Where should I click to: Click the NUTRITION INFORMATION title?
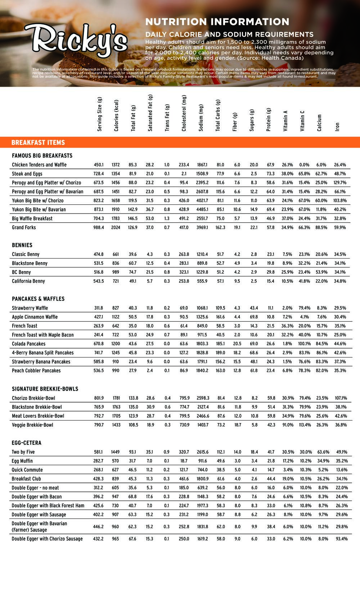pos(217,22)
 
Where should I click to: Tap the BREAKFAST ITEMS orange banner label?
pos(38,143)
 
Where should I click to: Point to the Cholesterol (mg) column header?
pos(184,113)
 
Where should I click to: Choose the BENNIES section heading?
pos(22,245)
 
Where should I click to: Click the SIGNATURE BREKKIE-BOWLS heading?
pos(45,389)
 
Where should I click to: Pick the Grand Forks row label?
pos(24,228)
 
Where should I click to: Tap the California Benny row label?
pos(28,281)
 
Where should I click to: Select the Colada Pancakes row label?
pos(29,344)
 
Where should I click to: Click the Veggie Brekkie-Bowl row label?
pos(32,425)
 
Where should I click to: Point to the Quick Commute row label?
pos(27,470)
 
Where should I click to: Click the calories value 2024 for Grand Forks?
pos(116,228)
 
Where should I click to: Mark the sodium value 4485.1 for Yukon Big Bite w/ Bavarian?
pos(202,210)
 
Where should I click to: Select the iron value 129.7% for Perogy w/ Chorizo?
pos(340,183)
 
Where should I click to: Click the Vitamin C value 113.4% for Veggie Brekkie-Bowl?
pos(305,425)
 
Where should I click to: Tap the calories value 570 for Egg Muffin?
pos(116,461)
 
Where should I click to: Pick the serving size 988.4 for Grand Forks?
pos(99,228)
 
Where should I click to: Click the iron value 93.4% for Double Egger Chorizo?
pos(340,539)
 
